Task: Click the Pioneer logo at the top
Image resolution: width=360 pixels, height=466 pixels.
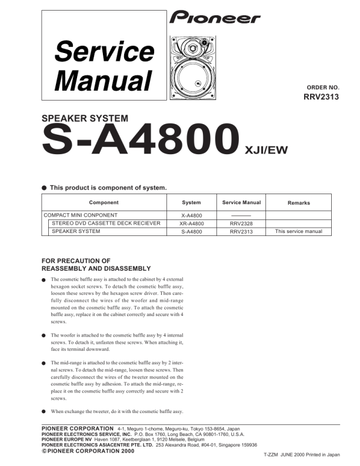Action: (215, 18)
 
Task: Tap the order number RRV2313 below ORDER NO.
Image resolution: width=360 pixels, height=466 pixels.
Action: (321, 98)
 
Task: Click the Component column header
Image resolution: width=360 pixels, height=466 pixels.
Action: (104, 202)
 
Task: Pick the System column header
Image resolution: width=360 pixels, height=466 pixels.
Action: (191, 202)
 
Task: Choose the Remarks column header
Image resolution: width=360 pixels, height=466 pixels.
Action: (298, 203)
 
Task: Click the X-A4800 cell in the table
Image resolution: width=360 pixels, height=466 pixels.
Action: (191, 215)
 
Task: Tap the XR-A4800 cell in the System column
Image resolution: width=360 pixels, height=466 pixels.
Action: (191, 224)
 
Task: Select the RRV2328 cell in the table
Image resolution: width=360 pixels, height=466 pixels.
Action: (241, 224)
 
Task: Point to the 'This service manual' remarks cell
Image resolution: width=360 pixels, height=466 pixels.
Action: (299, 232)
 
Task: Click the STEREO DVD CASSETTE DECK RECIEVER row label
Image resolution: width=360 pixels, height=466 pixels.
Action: (106, 224)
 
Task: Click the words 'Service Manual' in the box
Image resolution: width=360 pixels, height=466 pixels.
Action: (103, 66)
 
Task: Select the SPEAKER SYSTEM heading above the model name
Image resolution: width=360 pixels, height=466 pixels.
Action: (85, 118)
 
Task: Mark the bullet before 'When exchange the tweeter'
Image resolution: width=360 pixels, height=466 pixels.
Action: (44, 411)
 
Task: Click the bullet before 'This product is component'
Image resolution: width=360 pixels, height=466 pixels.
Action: (44, 188)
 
